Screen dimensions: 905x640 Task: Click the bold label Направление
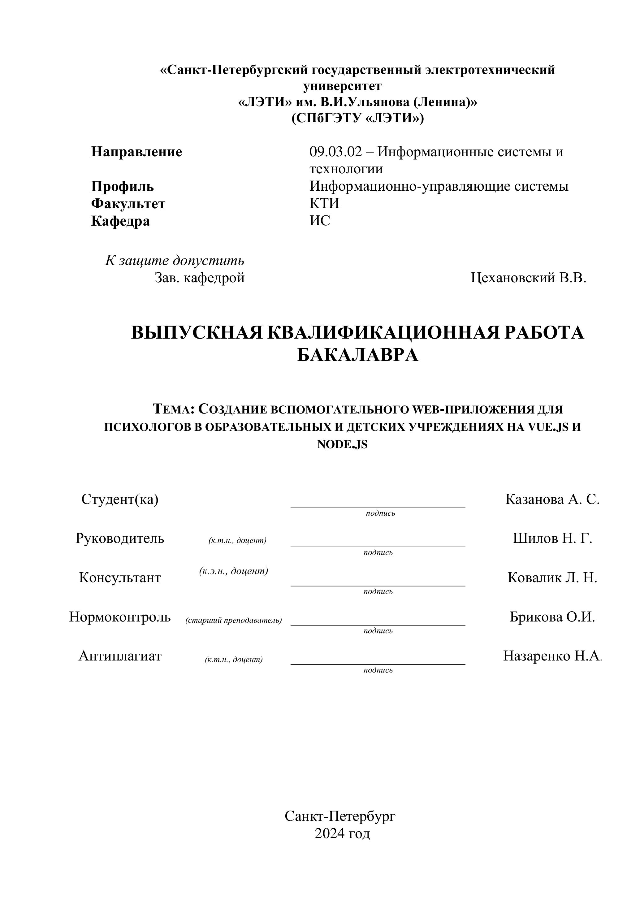(x=136, y=152)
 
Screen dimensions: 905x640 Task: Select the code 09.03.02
(x=335, y=152)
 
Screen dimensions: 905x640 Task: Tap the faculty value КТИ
(x=324, y=203)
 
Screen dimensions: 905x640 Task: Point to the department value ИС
(x=320, y=221)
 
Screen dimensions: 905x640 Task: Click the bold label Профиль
(x=122, y=186)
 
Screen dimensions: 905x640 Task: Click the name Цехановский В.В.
(x=528, y=278)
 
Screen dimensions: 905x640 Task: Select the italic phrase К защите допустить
(x=174, y=261)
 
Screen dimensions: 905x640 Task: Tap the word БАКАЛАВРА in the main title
(x=357, y=355)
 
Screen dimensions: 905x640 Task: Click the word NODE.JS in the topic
(x=342, y=445)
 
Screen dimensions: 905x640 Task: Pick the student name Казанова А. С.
(x=552, y=500)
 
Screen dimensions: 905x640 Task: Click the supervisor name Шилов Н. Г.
(x=552, y=539)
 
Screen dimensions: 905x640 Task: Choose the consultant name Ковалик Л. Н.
(x=552, y=578)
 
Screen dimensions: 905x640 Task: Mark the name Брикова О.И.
(x=552, y=617)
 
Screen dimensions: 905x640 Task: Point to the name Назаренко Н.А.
(x=552, y=656)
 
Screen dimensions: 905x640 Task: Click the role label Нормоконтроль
(x=120, y=617)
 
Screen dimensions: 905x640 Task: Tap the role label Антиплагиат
(x=120, y=656)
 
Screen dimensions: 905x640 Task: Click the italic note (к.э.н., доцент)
(x=234, y=571)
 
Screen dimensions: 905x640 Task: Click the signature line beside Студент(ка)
(x=378, y=507)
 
